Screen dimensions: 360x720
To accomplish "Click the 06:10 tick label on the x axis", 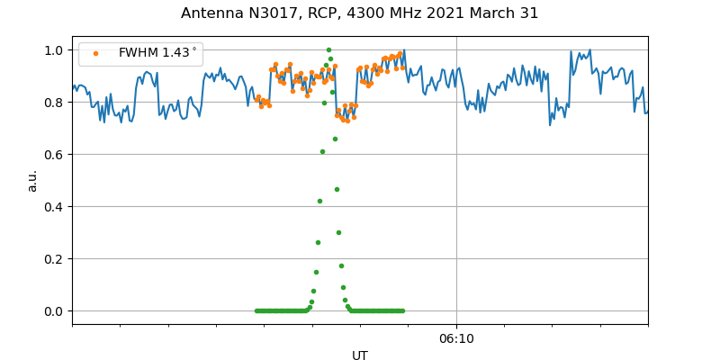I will (x=456, y=338).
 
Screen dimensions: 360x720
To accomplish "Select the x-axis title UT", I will (x=360, y=355).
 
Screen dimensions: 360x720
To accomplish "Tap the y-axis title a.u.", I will (x=32, y=180).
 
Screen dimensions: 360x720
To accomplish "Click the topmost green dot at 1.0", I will (x=328, y=50).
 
